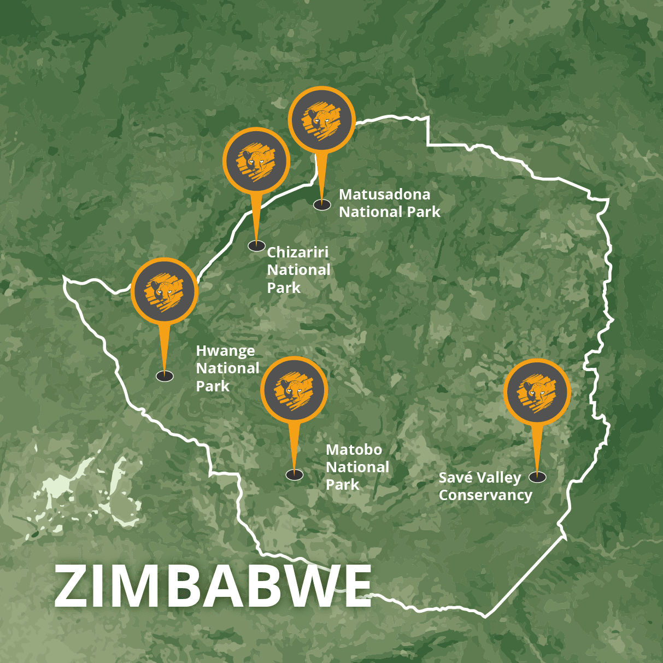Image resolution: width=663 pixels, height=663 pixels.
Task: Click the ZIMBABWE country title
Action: click(213, 586)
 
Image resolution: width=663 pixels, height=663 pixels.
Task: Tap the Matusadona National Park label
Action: click(389, 203)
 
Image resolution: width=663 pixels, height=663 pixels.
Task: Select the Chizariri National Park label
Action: click(298, 270)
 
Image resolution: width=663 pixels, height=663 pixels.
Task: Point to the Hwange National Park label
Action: click(227, 368)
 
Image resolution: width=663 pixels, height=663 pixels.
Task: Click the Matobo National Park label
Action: click(357, 467)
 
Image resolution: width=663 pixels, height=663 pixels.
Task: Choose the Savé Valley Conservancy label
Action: click(485, 486)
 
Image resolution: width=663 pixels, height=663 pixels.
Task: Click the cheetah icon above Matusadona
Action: click(321, 120)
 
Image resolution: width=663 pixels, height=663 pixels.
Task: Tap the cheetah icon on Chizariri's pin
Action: click(256, 161)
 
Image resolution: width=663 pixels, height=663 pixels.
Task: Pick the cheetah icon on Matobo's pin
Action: click(294, 390)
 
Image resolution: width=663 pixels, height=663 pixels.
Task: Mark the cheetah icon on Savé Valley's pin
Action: click(537, 392)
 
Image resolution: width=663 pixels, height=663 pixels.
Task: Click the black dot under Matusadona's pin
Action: click(322, 205)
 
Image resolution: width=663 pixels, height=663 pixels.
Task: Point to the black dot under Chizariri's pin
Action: click(256, 246)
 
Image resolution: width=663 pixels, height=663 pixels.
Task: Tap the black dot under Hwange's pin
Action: click(165, 376)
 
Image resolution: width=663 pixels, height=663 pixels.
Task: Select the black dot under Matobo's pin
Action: click(295, 475)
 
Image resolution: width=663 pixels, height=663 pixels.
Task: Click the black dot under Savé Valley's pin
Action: click(537, 477)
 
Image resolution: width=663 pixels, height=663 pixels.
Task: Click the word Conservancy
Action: click(485, 495)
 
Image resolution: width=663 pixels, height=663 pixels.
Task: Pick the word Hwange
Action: click(225, 351)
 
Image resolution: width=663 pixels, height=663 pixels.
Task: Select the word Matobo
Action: click(354, 450)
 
